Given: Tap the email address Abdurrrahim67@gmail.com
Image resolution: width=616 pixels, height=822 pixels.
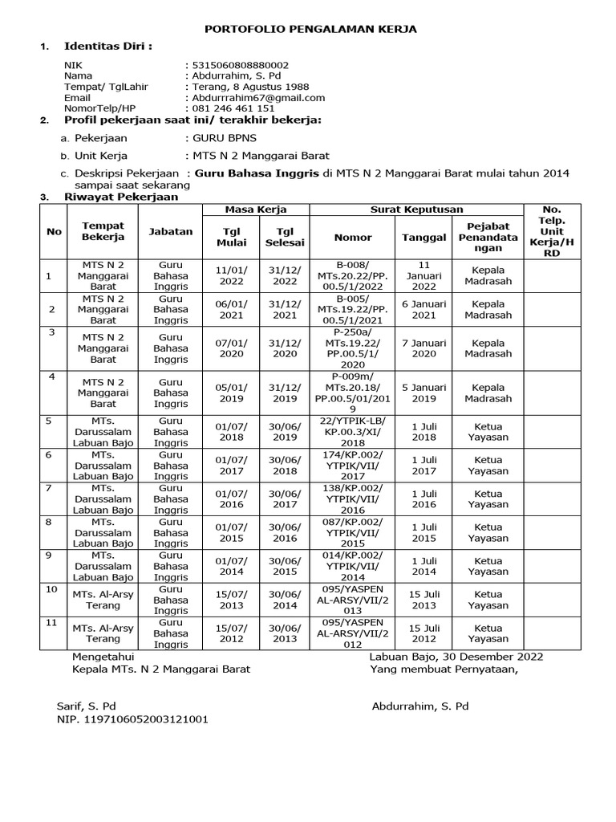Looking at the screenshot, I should click(257, 97).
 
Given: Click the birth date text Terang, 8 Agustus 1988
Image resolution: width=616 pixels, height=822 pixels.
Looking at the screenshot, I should click(248, 87).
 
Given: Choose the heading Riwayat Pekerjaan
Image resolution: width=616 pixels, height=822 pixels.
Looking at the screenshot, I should click(121, 197).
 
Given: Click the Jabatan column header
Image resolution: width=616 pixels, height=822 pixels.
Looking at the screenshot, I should click(171, 231).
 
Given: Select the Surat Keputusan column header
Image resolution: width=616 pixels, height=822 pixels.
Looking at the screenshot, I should click(416, 210).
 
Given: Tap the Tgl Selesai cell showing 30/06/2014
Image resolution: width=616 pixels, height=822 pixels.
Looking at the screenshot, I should click(284, 600).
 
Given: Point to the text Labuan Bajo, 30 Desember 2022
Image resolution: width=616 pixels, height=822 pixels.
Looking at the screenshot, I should click(456, 656).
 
